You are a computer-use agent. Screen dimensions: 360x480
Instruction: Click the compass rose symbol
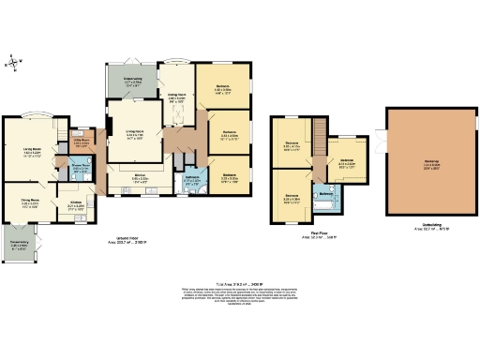point(11,63)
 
